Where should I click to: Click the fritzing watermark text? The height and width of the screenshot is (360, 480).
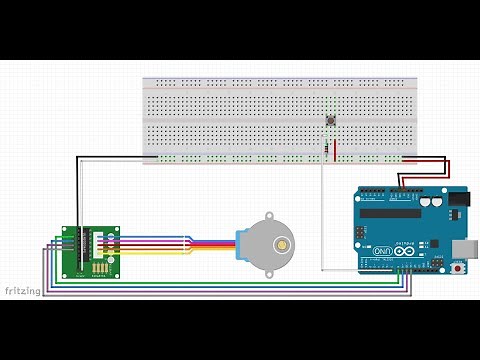point(21,291)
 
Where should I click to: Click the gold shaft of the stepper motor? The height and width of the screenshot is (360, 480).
point(283,243)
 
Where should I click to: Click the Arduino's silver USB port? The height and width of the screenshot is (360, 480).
point(467,247)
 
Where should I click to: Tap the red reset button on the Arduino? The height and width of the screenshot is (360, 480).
point(459,268)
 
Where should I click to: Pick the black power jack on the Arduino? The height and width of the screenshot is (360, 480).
point(459,199)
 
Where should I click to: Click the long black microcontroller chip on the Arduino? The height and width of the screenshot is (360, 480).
point(390,212)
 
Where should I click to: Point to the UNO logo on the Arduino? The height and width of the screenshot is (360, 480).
point(383,250)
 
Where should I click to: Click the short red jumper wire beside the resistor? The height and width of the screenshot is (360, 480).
point(336,149)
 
